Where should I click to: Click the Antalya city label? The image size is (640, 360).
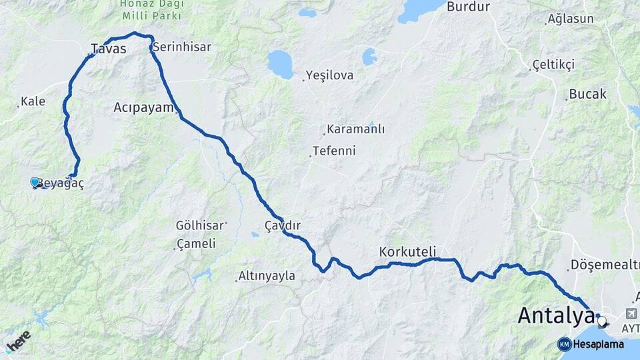click(556, 315)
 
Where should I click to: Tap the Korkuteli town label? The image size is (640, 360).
click(407, 251)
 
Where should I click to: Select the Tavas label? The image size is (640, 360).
click(109, 48)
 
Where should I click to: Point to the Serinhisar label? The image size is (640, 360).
click(182, 47)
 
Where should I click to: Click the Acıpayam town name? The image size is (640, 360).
click(143, 107)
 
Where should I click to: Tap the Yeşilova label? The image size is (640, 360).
click(329, 75)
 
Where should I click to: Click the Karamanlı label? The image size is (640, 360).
click(355, 129)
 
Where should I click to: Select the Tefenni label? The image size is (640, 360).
click(334, 151)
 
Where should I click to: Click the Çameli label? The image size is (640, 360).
click(196, 244)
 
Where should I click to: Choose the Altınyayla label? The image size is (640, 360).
click(267, 276)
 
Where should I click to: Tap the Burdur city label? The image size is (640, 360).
click(468, 7)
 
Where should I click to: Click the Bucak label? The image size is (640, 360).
click(588, 94)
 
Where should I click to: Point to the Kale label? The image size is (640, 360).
click(33, 101)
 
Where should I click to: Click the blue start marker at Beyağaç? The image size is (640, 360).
click(35, 181)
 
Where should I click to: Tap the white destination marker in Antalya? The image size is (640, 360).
click(603, 321)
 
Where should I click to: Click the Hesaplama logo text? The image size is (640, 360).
click(598, 344)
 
